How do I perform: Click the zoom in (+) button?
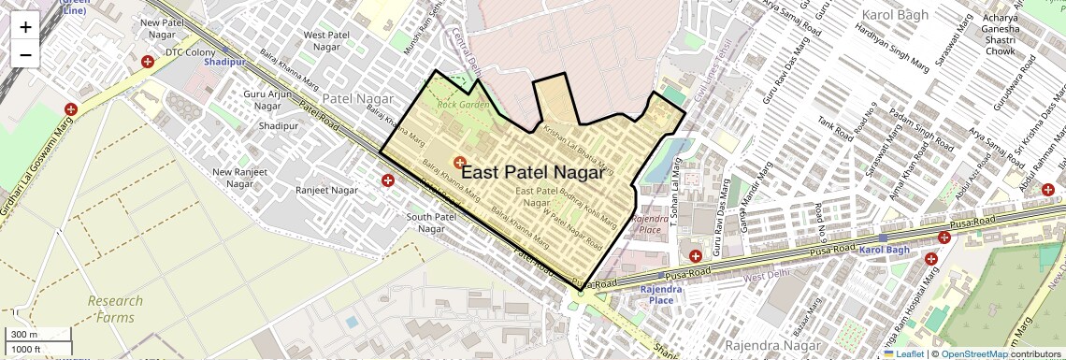pos(25,26)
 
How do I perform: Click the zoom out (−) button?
pos(25,54)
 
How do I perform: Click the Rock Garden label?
pos(463,104)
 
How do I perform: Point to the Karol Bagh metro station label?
pos(884,251)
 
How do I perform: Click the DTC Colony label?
pos(191,52)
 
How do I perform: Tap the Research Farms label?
pos(116,308)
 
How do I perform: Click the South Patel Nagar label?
pos(431,223)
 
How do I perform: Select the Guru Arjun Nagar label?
pos(267,100)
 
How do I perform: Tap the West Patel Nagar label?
pos(326,40)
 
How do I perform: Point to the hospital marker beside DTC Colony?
pos(148,63)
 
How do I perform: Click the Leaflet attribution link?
pos(903,353)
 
